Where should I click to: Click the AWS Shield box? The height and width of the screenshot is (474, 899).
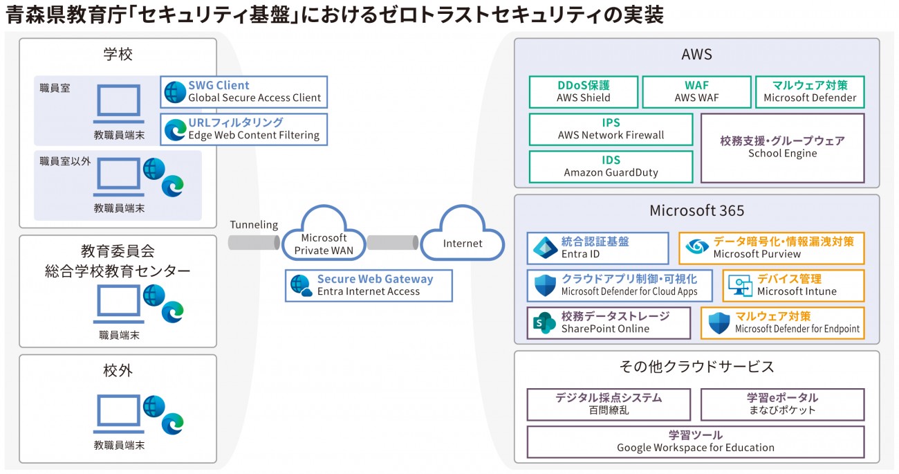point(583,92)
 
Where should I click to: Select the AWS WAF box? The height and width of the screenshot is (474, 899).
point(696,92)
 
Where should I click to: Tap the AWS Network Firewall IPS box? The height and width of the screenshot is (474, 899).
point(611,129)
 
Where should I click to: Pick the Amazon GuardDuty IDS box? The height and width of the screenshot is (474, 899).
point(611,167)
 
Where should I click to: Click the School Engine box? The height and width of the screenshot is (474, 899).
point(782,148)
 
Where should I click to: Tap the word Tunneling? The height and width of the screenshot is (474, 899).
point(254,225)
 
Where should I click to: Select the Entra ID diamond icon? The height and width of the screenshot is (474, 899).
point(545,248)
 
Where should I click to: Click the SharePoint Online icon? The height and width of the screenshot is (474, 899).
point(544,322)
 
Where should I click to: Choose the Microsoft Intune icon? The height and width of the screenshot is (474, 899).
point(740,286)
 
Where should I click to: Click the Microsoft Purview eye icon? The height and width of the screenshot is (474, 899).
point(697,246)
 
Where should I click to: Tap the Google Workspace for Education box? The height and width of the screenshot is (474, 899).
point(696,442)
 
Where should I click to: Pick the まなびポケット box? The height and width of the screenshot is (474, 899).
point(782,405)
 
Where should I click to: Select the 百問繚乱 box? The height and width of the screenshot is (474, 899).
point(609,405)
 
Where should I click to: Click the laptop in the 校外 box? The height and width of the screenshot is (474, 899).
point(118,414)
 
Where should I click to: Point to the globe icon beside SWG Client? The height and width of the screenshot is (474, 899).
point(175,92)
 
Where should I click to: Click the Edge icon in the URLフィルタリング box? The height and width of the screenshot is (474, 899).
point(176,130)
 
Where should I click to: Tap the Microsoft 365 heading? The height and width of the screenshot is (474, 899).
point(697,210)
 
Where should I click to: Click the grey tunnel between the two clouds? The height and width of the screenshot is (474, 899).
point(393,243)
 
